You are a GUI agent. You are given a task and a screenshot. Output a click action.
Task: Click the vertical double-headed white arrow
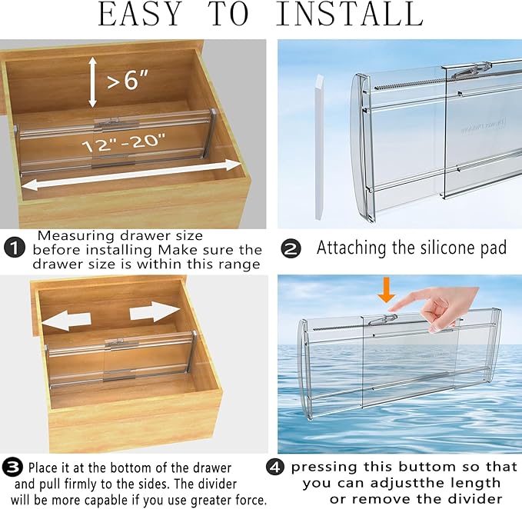[x=92, y=82]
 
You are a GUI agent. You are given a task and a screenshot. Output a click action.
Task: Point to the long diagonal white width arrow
[x=131, y=175]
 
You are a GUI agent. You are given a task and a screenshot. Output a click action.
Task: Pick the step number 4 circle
[x=277, y=467]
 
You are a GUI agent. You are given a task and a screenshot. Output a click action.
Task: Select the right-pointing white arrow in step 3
[x=155, y=311]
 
